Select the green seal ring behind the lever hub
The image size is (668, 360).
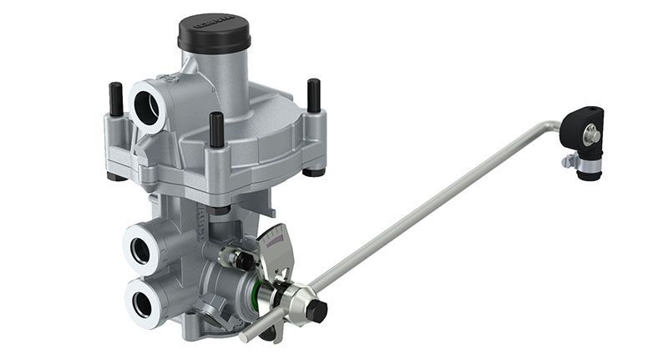click(268, 295)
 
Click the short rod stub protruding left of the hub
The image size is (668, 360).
click(251, 333)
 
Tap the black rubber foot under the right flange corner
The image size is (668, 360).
click(314, 172)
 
